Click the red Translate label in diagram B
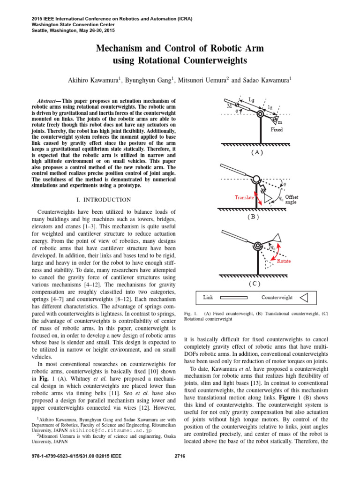tap(244, 198)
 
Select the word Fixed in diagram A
tap(277, 129)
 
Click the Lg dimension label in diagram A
tap(252, 100)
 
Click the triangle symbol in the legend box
tap(303, 297)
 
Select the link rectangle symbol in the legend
tap(234, 297)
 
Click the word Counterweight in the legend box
tap(277, 297)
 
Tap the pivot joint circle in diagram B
tap(257, 179)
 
